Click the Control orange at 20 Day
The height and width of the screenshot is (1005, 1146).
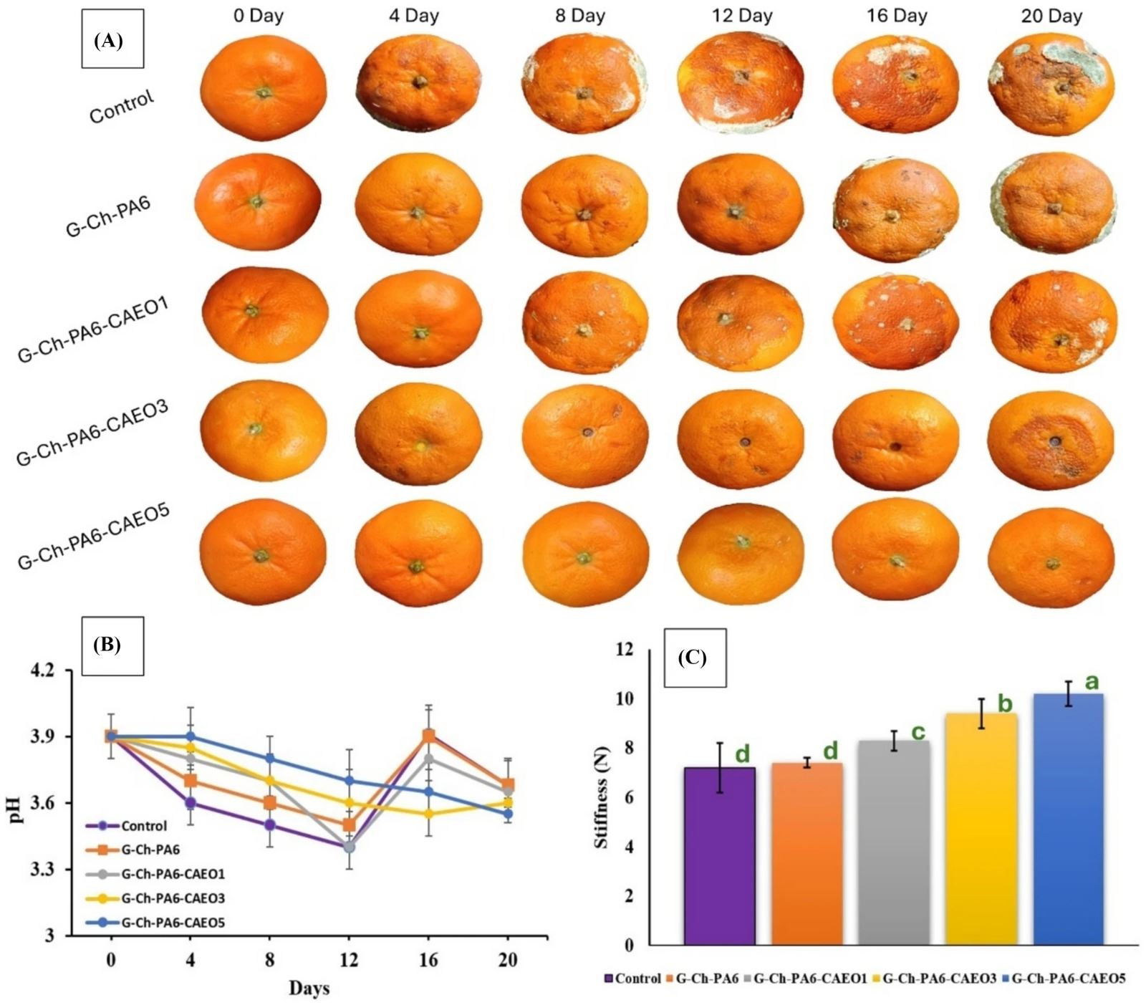coord(1051,85)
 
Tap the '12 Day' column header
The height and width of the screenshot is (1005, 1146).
coord(742,16)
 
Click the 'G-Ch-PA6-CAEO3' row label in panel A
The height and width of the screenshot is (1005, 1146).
coord(92,433)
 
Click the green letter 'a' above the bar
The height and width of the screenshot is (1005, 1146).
coord(1092,681)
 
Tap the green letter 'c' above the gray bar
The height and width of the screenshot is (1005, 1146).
coord(918,731)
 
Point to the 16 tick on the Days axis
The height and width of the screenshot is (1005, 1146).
coord(428,959)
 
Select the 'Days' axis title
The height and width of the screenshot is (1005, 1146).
coord(309,989)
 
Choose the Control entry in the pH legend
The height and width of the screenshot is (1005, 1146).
coord(143,826)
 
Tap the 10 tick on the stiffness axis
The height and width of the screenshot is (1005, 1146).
coord(625,698)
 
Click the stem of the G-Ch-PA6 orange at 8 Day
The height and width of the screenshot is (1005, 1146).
coord(584,213)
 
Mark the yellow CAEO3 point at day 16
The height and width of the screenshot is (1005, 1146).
coord(428,814)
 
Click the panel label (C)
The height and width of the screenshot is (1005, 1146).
coord(692,658)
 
